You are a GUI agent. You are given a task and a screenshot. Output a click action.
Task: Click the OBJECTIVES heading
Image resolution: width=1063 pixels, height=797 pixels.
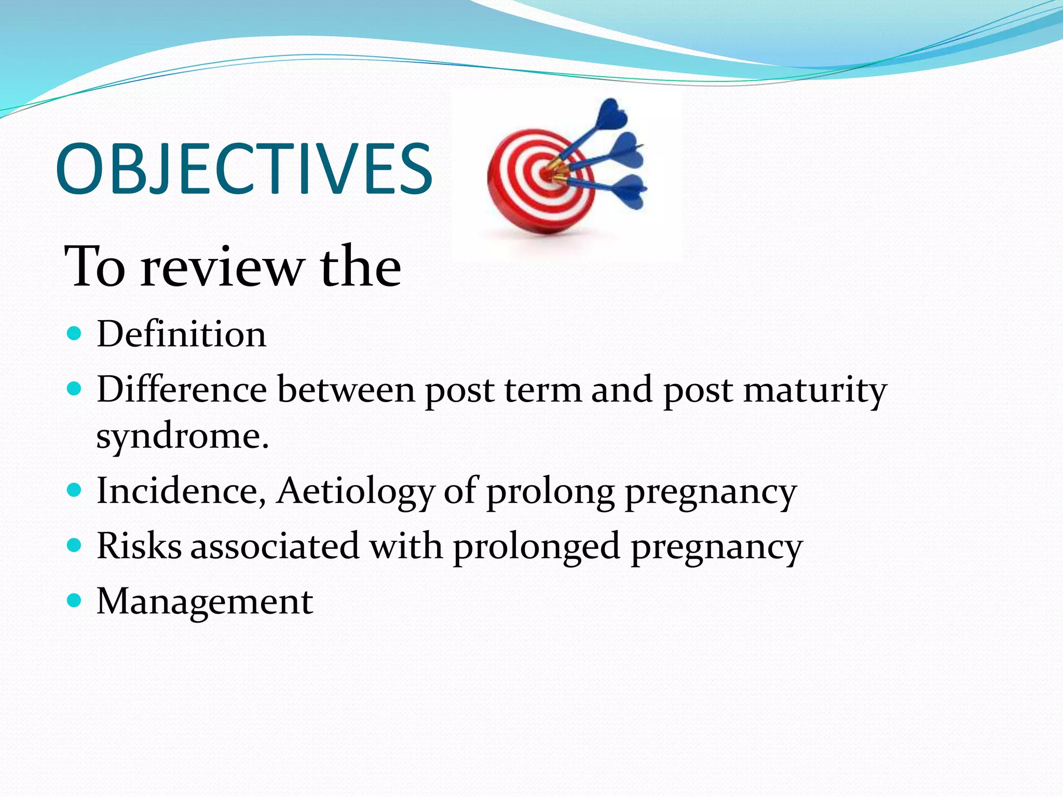(244, 169)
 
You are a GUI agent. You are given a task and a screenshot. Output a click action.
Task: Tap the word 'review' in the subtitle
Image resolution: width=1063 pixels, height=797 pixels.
(222, 267)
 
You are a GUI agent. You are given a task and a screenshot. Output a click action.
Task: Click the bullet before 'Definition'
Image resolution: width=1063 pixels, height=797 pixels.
(75, 333)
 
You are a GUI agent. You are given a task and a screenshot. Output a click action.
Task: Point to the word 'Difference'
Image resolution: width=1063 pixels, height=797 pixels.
(182, 389)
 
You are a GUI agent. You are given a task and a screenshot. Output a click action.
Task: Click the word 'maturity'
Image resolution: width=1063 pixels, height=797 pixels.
(815, 390)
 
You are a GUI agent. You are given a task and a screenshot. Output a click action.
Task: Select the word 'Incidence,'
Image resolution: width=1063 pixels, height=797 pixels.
(182, 491)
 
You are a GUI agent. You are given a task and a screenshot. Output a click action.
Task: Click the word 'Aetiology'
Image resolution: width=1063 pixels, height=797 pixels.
(355, 491)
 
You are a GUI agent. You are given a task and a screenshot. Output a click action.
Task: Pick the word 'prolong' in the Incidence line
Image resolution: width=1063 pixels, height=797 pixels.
(550, 492)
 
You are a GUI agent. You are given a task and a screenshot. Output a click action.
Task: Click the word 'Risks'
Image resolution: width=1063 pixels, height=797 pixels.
(139, 546)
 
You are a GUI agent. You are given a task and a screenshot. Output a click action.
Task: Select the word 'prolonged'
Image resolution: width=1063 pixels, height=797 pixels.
(537, 547)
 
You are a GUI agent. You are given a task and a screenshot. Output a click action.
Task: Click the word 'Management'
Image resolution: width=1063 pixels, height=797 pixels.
(205, 602)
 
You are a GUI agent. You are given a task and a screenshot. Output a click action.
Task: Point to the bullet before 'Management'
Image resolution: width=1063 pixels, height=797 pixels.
(75, 601)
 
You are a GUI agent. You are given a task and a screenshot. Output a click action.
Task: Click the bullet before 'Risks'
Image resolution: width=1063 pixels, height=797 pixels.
(75, 545)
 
